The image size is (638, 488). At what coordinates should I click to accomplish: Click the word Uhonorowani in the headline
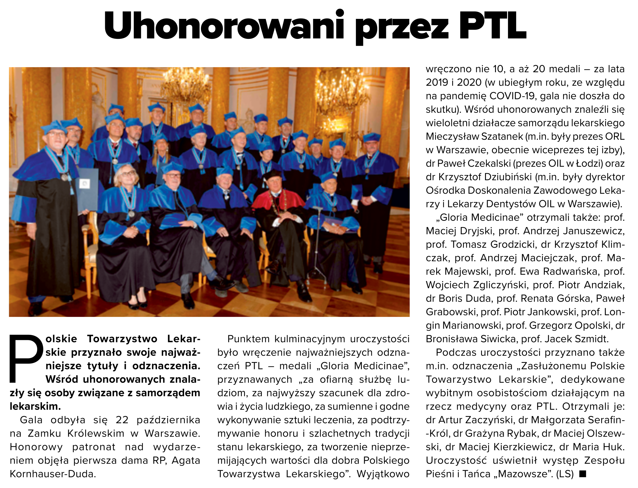point(224,25)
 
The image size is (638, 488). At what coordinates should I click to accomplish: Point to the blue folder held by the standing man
point(87,189)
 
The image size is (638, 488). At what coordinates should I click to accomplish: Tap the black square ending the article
point(583,474)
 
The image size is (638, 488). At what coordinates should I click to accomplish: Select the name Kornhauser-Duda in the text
point(52,474)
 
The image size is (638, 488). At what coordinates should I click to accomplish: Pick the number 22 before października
point(122,420)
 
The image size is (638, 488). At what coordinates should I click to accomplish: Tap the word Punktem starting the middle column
point(248,339)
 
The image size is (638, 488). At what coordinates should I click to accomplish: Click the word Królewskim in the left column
point(95,433)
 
